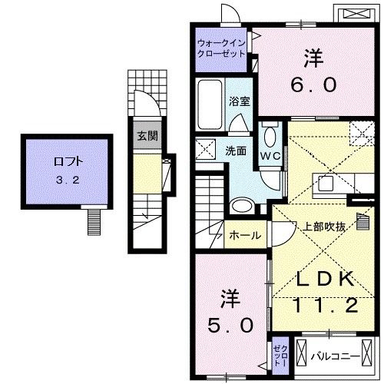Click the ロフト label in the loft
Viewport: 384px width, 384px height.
[x=65, y=162]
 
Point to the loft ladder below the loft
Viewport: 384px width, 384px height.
[x=94, y=222]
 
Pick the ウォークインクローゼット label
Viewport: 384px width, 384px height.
[x=221, y=48]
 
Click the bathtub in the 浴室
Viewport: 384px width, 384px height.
[x=210, y=101]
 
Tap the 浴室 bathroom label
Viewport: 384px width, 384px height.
[x=238, y=101]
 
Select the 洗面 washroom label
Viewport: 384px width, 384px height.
[x=235, y=151]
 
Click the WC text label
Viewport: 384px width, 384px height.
[x=269, y=155]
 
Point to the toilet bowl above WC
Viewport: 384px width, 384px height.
[x=270, y=135]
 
